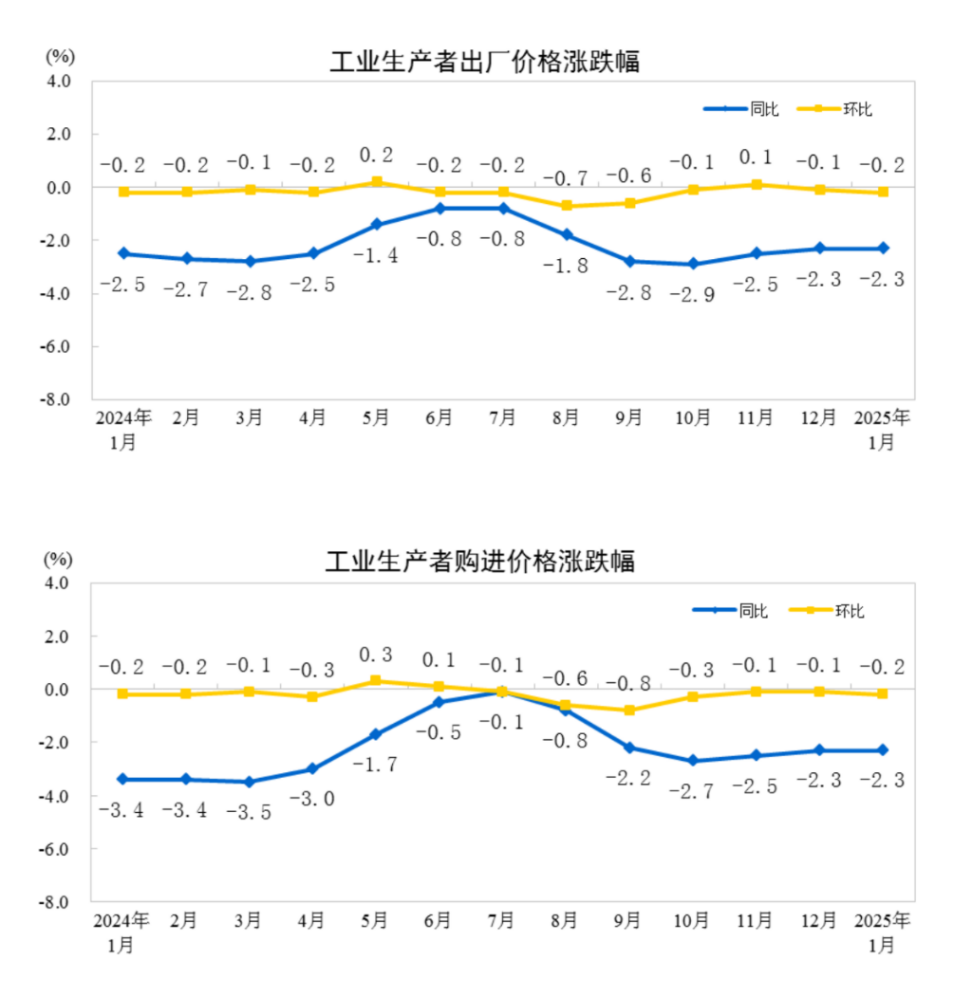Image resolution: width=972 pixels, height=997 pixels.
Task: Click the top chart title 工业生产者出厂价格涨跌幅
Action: point(484,63)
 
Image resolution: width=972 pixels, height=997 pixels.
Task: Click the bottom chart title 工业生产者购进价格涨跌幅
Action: point(479,562)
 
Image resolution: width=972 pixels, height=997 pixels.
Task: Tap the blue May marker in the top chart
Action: point(376,224)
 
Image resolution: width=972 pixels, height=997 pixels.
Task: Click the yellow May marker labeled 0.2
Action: point(376,182)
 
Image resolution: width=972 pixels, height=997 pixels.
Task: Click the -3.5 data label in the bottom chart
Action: point(248,812)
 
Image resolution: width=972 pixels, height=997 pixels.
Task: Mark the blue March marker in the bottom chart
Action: point(249,782)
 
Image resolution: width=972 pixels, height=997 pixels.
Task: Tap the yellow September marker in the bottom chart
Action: point(629,710)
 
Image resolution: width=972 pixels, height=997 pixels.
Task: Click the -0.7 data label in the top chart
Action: point(566,177)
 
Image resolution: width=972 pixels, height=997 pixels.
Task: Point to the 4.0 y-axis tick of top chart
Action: point(59,82)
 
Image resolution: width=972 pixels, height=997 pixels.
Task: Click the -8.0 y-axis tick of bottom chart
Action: point(57,901)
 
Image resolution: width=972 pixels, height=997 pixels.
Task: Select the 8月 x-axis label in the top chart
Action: point(566,418)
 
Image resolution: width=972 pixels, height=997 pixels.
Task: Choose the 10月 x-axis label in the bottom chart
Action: point(692,920)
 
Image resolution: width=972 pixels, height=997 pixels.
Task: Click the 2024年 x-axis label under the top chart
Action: point(122,418)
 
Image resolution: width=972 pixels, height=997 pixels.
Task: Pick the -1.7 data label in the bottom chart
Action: point(375,765)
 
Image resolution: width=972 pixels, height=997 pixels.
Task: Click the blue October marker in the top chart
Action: point(693,264)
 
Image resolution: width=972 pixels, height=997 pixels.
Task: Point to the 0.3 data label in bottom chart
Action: point(376,655)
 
